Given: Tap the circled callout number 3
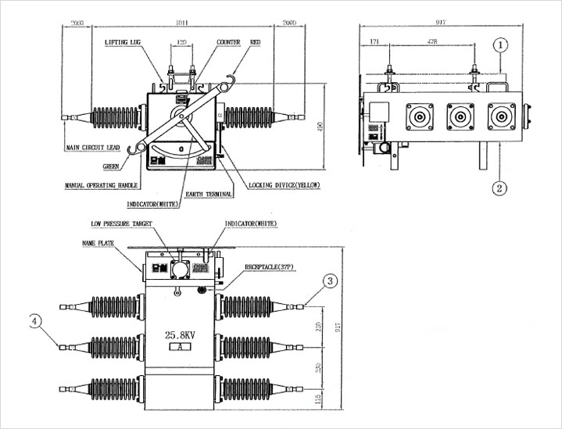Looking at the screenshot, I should pos(331,279).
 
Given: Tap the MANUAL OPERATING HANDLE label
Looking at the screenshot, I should pos(102,185).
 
